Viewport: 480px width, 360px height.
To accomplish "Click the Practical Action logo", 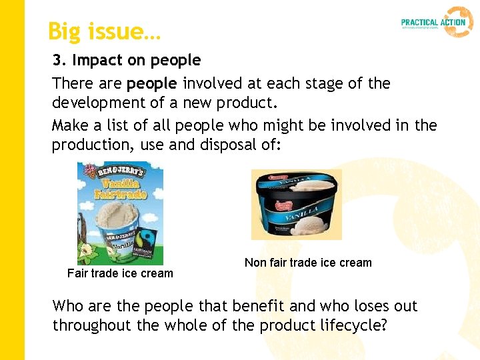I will (x=437, y=22).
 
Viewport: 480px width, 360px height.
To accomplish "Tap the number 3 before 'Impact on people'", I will (x=58, y=61).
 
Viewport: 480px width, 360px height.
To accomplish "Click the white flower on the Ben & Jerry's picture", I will (x=85, y=251).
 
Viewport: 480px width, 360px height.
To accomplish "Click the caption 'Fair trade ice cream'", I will (x=120, y=273).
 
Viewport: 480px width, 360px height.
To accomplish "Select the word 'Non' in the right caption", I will (x=255, y=263).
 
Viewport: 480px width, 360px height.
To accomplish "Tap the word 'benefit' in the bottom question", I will (x=257, y=307).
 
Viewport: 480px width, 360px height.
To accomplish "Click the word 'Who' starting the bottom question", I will (x=68, y=307).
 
